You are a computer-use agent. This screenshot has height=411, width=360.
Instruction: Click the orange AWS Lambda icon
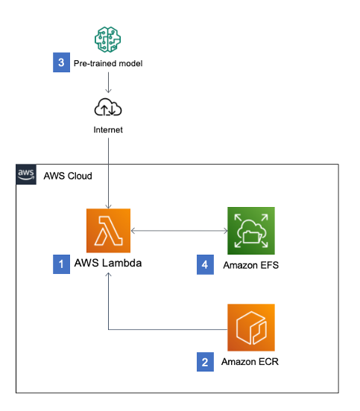tap(108, 232)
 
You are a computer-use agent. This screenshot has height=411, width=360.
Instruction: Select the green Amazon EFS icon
tap(251, 232)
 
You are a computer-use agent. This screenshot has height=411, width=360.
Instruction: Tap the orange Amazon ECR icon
tap(251, 328)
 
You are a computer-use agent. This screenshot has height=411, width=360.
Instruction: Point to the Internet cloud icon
tap(108, 108)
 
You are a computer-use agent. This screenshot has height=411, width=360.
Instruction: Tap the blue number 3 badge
tap(60, 63)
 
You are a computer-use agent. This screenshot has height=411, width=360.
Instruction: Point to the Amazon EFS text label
tap(251, 265)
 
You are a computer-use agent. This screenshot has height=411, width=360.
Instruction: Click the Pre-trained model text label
tap(107, 63)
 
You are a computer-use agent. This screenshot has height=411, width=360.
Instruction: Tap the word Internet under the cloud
tap(108, 130)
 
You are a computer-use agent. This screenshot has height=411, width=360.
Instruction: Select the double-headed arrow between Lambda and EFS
tap(179, 232)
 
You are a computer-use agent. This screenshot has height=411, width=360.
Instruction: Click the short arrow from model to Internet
tap(108, 83)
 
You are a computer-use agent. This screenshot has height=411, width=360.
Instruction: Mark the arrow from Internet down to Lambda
tap(109, 171)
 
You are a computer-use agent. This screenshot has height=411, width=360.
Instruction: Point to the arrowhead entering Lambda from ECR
tap(109, 275)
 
